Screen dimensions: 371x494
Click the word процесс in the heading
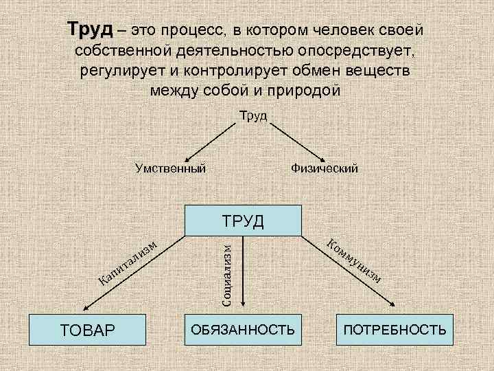[x=193, y=31]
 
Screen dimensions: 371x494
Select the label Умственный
[x=170, y=168]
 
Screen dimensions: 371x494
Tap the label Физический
[x=324, y=168]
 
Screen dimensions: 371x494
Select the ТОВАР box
[x=89, y=330]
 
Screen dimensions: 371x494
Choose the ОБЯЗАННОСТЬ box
[x=244, y=330]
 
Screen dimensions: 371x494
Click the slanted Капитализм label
[x=128, y=260]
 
